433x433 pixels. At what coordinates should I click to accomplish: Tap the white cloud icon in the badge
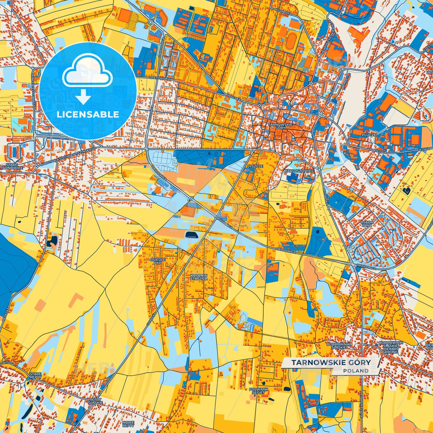pyautogui.click(x=87, y=72)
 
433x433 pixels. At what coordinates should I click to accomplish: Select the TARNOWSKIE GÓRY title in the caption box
pyautogui.click(x=331, y=363)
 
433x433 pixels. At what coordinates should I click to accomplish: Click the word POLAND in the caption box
pyautogui.click(x=356, y=371)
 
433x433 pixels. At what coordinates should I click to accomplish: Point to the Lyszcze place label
pyautogui.click(x=255, y=166)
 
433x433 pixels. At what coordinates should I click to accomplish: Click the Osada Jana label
pyautogui.click(x=366, y=224)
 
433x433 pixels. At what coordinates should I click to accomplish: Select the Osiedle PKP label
pyautogui.click(x=158, y=261)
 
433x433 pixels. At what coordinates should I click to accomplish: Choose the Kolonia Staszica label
pyautogui.click(x=199, y=277)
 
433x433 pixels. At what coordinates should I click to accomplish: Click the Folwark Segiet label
pyautogui.click(x=258, y=391)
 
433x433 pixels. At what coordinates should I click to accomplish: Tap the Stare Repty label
pyautogui.click(x=35, y=376)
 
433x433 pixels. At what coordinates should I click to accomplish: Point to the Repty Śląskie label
pyautogui.click(x=96, y=401)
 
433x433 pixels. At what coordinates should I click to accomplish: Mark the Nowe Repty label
pyautogui.click(x=128, y=424)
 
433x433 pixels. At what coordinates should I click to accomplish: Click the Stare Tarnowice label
pyautogui.click(x=11, y=166)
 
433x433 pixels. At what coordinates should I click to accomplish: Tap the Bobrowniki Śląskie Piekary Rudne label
pyautogui.click(x=390, y=347)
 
